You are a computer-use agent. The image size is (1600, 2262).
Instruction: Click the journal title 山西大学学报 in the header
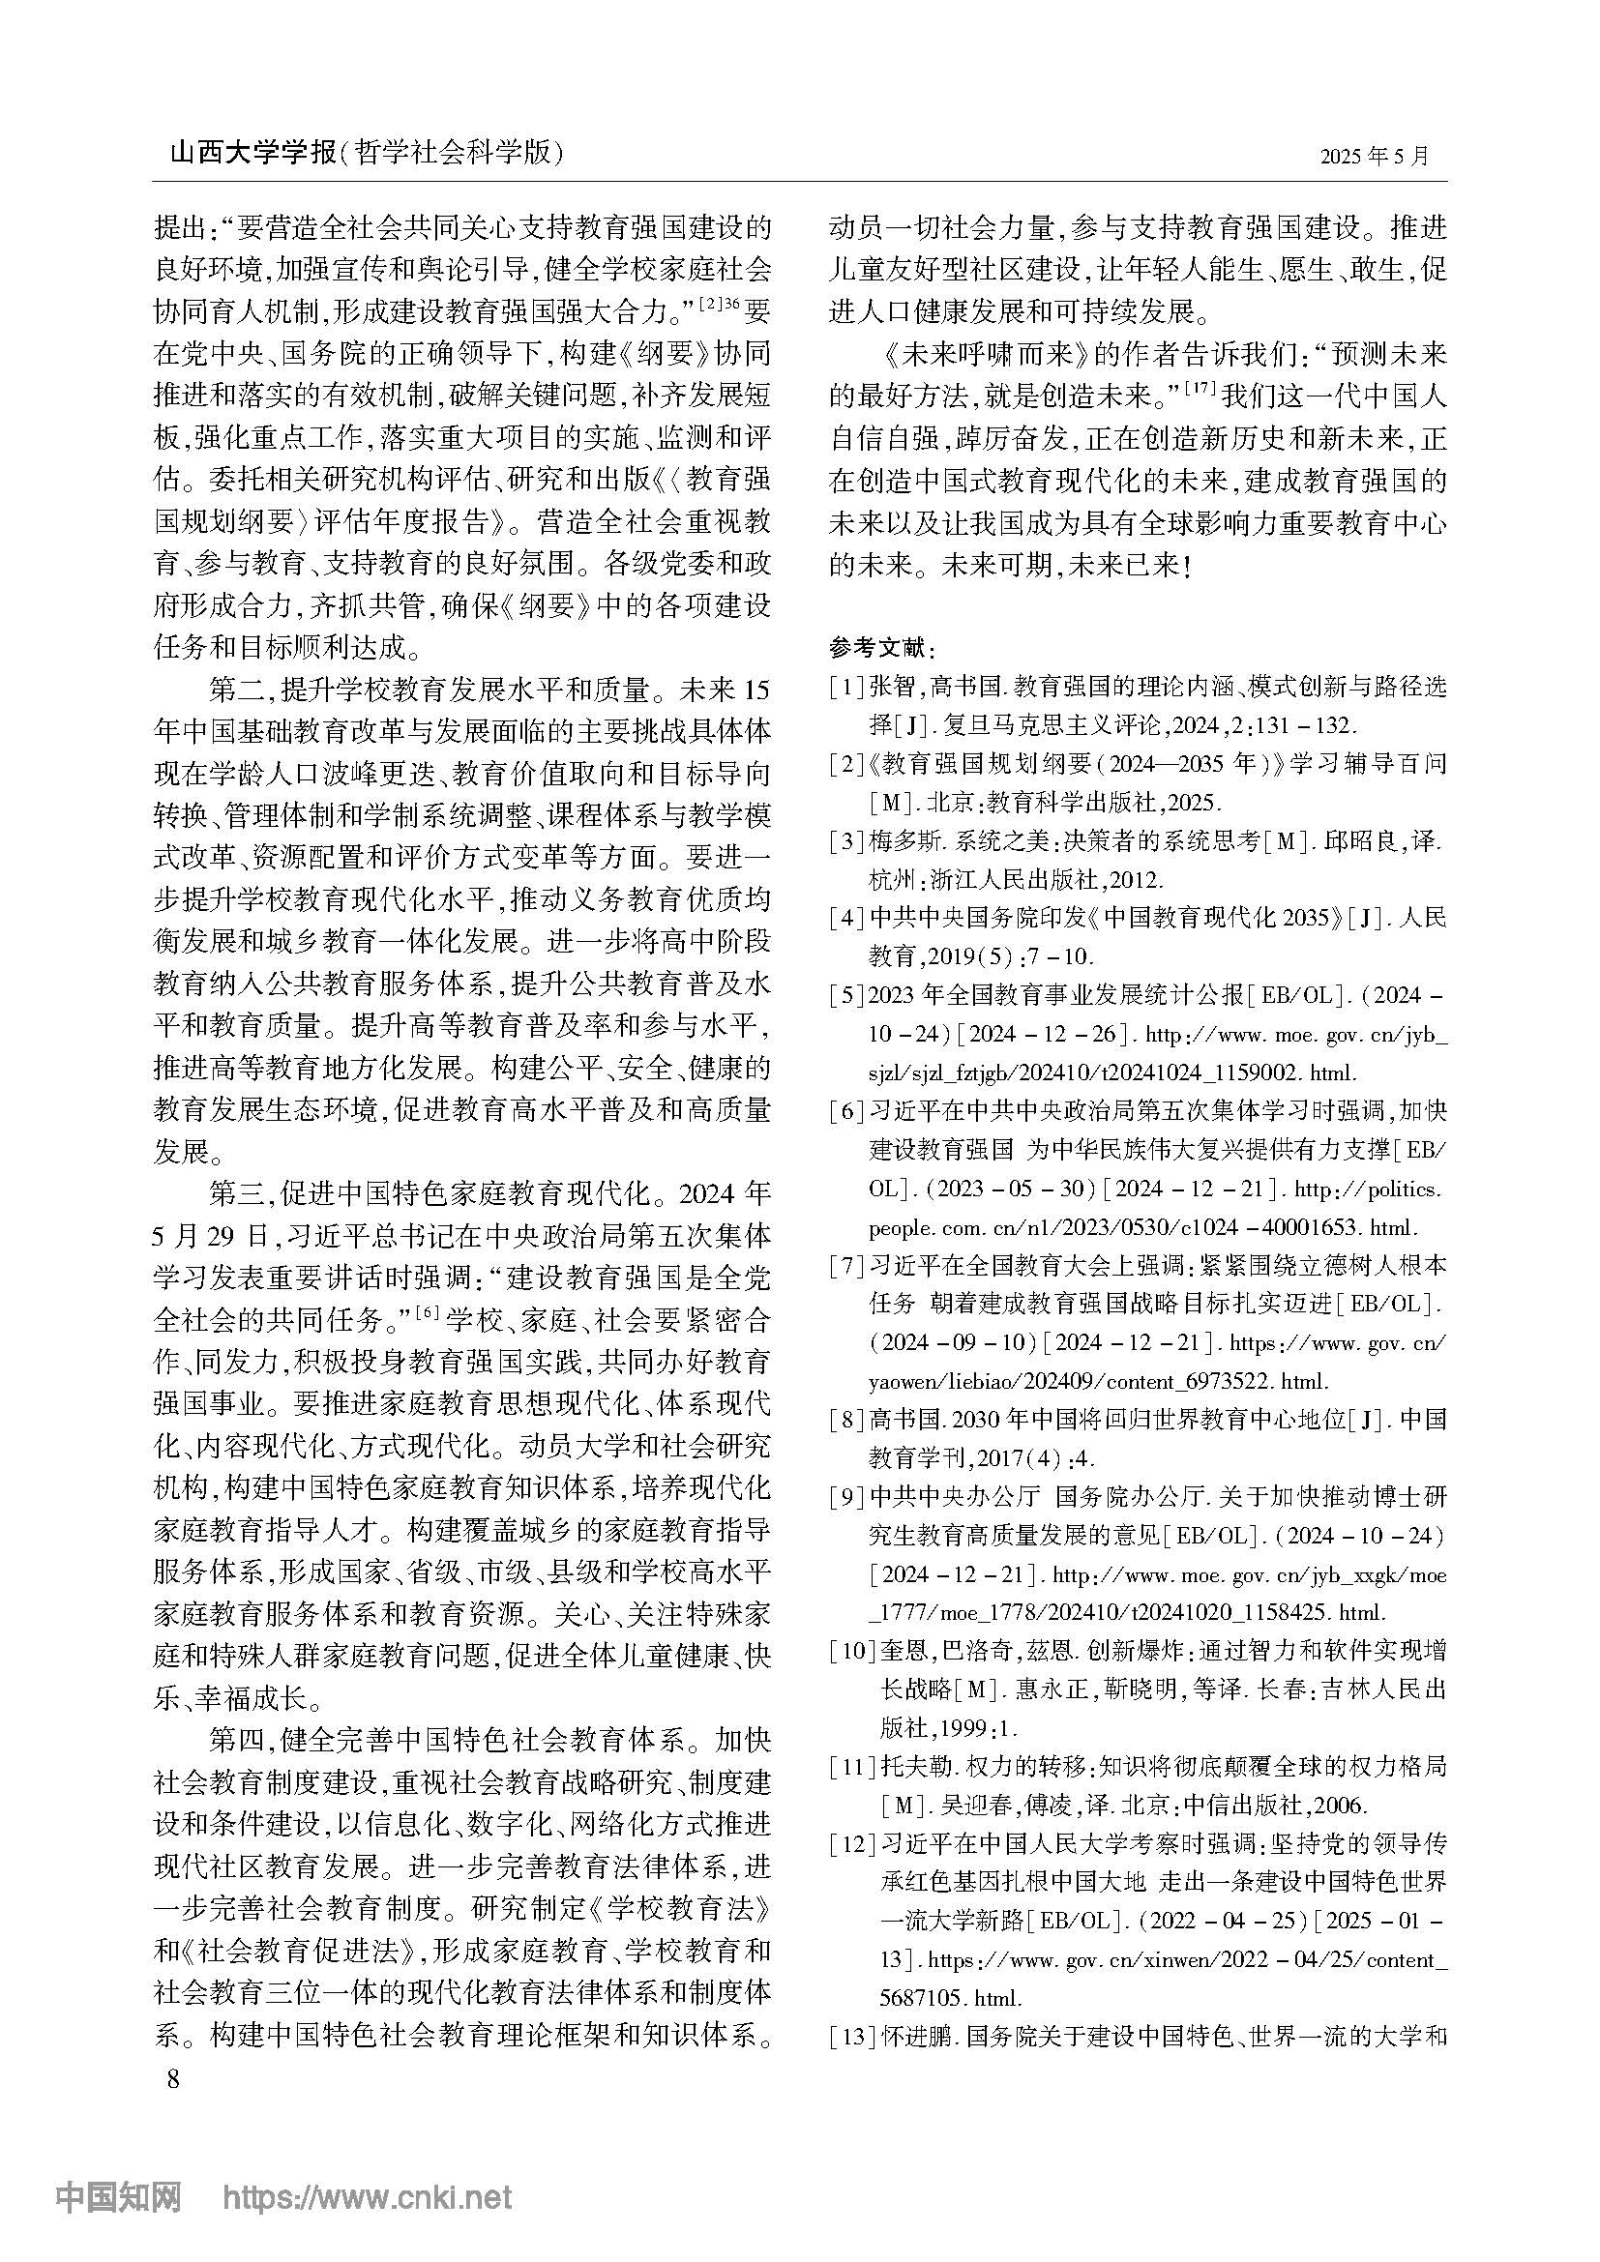coord(253,155)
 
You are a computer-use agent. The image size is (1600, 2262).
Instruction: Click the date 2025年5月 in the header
coord(1374,157)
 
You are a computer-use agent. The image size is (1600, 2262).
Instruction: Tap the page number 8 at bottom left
coord(174,2080)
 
